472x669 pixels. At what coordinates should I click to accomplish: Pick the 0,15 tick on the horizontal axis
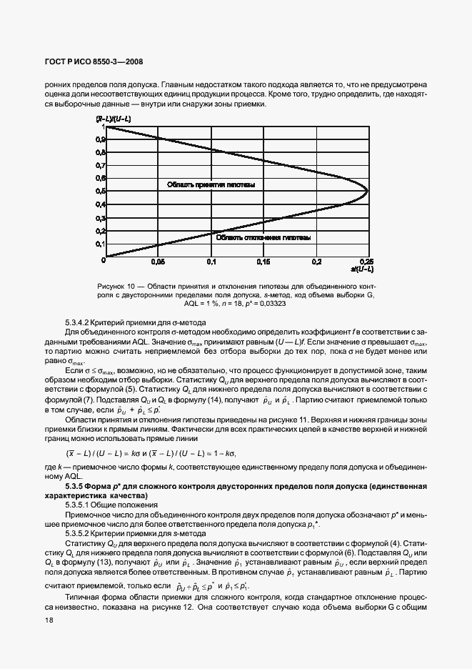click(263, 262)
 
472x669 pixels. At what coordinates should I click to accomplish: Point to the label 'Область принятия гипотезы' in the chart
click(211, 184)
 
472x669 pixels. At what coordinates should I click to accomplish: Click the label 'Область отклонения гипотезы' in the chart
click(263, 237)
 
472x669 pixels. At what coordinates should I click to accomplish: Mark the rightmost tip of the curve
click(368, 191)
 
